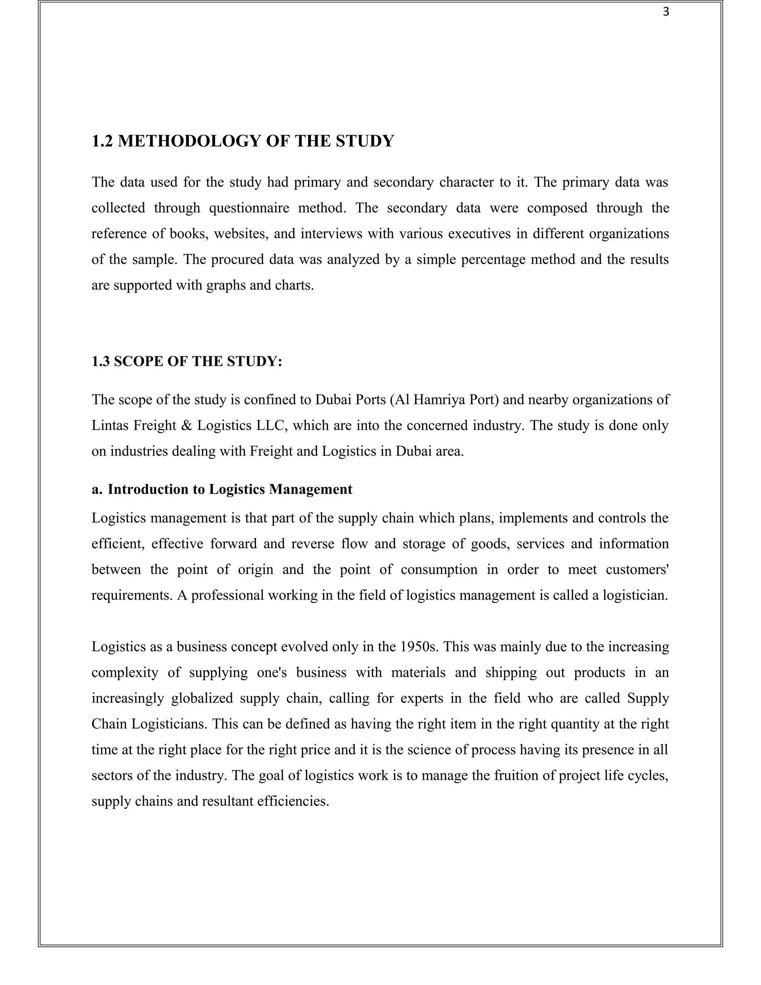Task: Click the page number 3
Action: tap(666, 13)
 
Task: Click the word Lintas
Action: tap(107, 425)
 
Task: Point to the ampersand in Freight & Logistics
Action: tap(186, 425)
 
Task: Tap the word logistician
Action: tap(635, 595)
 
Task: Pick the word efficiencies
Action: tap(292, 801)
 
